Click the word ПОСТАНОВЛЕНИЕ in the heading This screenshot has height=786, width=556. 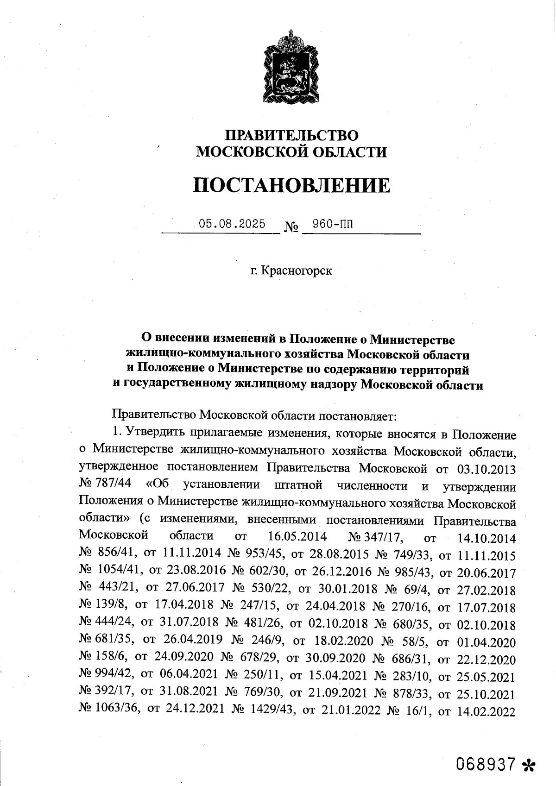coord(291,185)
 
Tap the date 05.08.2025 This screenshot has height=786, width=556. coord(232,224)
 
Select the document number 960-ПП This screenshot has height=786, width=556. coord(332,224)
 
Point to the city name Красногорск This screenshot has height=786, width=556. coord(297,270)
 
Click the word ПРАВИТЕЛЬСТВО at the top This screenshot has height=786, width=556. coord(291,135)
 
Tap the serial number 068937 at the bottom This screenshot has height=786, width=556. coord(486,763)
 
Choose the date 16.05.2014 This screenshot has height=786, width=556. coord(297,537)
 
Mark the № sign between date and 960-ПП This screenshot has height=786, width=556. coord(291,227)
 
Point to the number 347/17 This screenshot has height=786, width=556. coord(384,537)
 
